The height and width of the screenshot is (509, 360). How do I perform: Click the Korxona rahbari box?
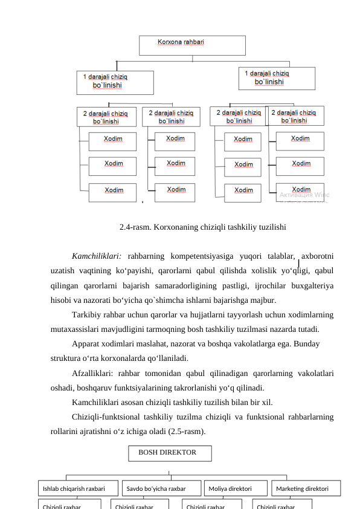(192, 45)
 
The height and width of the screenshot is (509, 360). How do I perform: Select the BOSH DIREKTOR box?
(170, 453)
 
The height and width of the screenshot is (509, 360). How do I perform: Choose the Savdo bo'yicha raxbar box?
(161, 488)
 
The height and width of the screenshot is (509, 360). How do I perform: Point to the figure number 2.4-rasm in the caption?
(135, 228)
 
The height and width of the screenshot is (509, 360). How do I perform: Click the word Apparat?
(87, 345)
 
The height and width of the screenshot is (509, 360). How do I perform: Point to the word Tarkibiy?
(87, 315)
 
